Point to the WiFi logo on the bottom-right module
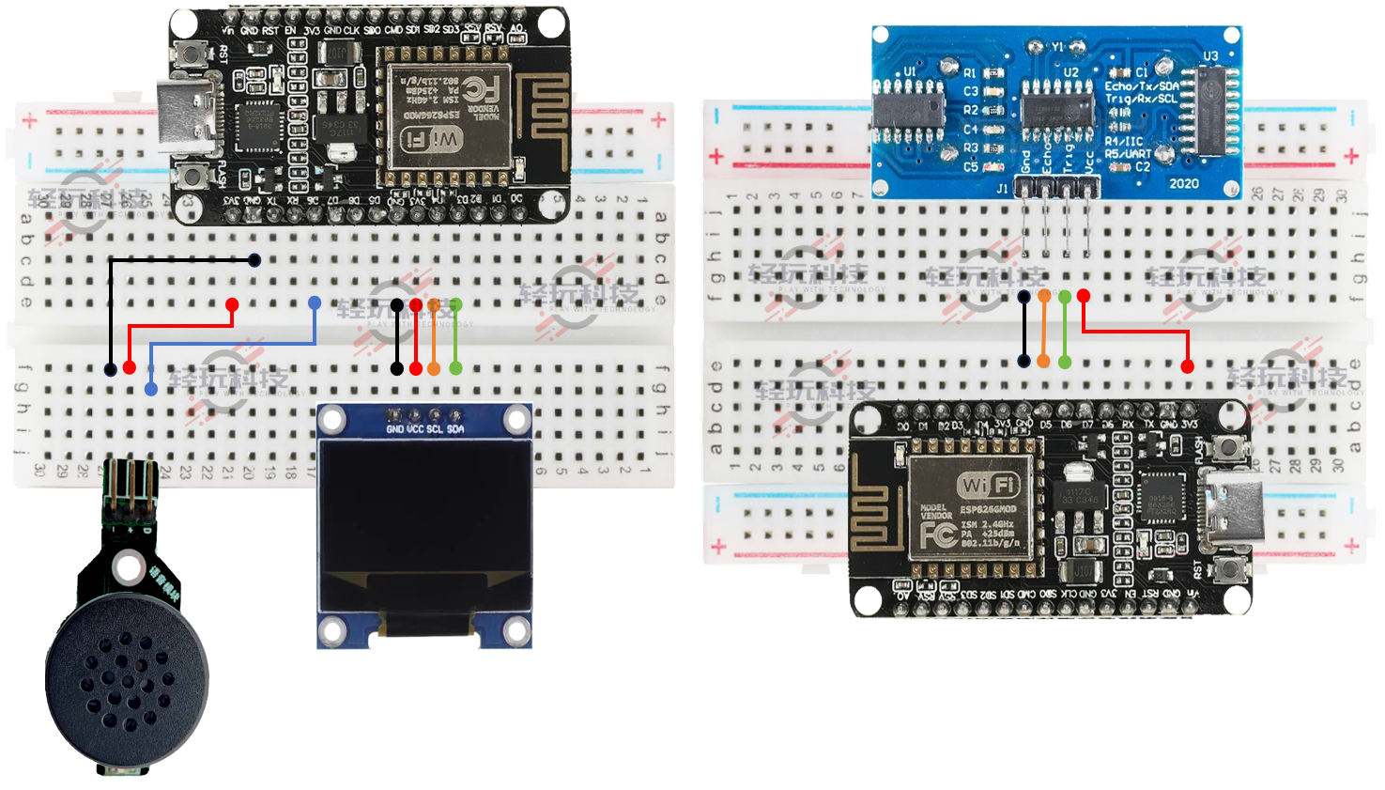tap(988, 485)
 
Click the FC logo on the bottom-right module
tap(937, 534)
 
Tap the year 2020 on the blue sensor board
tap(1183, 183)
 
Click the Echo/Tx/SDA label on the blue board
tap(1141, 85)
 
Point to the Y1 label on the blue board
tap(1057, 47)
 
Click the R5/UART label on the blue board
tap(1127, 154)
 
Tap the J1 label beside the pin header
tap(1002, 188)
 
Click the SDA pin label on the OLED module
tap(455, 429)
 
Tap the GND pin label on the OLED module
tap(395, 429)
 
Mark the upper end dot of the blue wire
tap(315, 302)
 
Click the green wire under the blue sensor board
tap(1065, 329)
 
